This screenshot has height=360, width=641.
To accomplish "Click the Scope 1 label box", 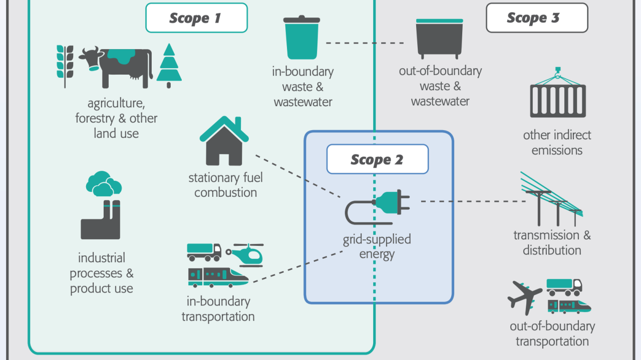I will [196, 18].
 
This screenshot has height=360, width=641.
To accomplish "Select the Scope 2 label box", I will [377, 159].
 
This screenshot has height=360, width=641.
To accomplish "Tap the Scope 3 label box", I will [536, 18].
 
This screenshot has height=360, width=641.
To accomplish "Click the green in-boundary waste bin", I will [301, 38].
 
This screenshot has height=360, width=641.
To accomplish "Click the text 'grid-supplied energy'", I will [377, 246].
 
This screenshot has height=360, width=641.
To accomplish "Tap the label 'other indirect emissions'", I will [557, 143].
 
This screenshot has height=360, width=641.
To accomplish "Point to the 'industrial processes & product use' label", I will [102, 273].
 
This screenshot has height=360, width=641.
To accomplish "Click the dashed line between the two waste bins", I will [364, 43].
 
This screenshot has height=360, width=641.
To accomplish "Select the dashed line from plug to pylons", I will [471, 201].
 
